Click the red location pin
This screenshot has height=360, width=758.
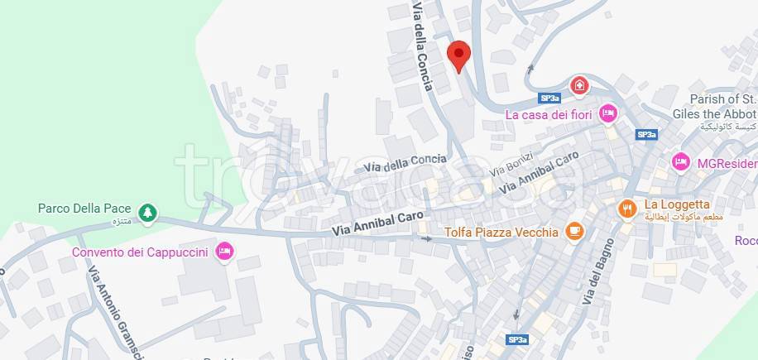(458, 55)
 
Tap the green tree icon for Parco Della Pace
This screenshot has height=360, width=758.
(147, 213)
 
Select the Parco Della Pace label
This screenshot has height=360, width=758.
(84, 209)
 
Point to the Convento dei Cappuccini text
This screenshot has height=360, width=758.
(140, 252)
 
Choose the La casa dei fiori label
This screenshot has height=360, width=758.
(549, 114)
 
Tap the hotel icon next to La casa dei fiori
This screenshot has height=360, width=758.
(608, 113)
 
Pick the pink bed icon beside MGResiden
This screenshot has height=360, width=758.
(681, 161)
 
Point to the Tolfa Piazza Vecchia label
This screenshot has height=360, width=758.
(501, 232)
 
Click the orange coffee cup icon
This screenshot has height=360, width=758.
(573, 231)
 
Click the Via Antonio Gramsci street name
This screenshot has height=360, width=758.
(106, 303)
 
